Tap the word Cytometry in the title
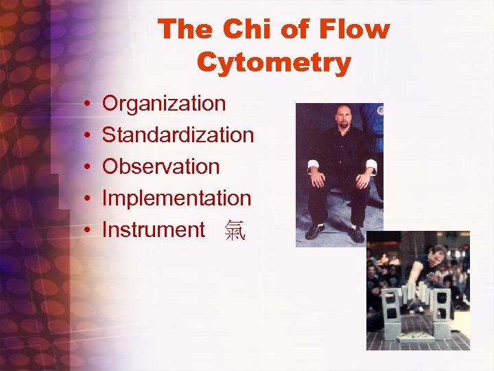click(274, 63)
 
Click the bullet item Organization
click(163, 104)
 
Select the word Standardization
click(178, 135)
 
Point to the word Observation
click(161, 167)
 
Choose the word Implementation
click(176, 199)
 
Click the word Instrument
click(153, 230)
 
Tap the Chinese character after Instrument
click(234, 232)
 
